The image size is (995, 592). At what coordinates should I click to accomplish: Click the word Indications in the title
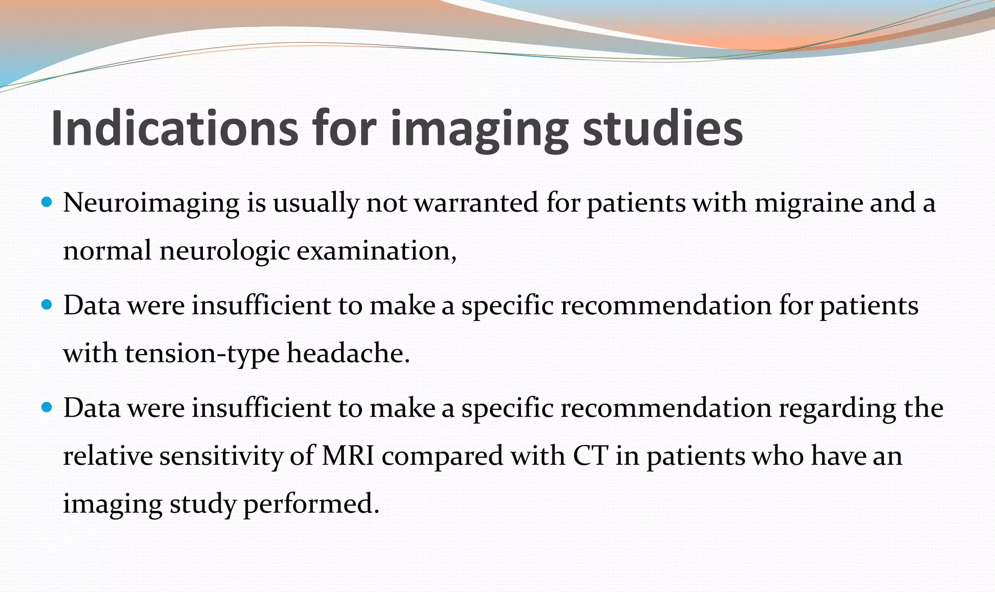pyautogui.click(x=174, y=129)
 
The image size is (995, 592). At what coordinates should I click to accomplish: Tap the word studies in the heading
pyautogui.click(x=663, y=129)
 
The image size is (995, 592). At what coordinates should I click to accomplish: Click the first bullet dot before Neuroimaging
pyautogui.click(x=47, y=202)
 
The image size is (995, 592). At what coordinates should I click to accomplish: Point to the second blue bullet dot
pyautogui.click(x=47, y=305)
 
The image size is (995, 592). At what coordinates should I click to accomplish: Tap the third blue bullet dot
pyautogui.click(x=47, y=407)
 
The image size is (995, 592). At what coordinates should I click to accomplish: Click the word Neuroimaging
pyautogui.click(x=151, y=203)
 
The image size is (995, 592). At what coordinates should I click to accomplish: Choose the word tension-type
pyautogui.click(x=202, y=354)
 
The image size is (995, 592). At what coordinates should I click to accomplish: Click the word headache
pyautogui.click(x=348, y=353)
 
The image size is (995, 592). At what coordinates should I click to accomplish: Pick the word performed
pyautogui.click(x=310, y=504)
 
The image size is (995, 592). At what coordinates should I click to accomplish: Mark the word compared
pyautogui.click(x=442, y=457)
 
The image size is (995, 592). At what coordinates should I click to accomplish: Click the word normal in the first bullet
pyautogui.click(x=107, y=252)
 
